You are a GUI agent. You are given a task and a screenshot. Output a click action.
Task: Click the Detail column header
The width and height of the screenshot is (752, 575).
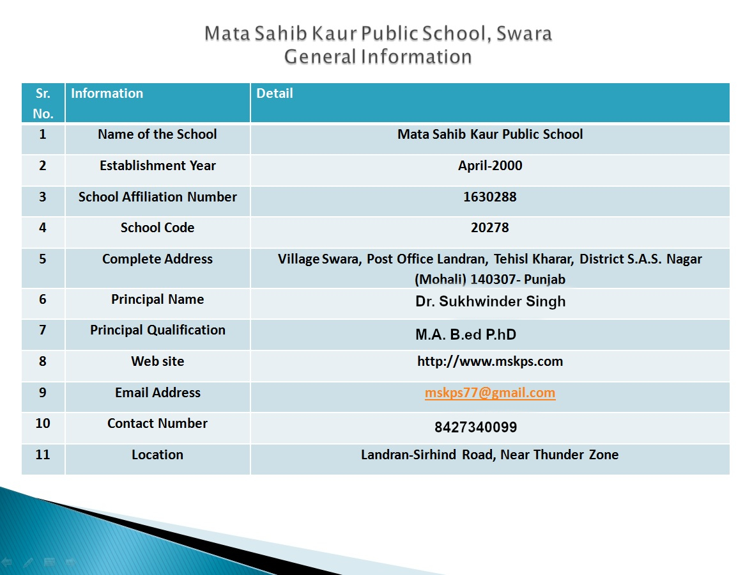click(x=275, y=93)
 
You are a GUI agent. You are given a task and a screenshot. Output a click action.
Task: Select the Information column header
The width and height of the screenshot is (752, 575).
click(x=107, y=93)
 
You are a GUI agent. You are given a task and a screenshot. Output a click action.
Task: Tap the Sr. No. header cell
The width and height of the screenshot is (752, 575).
click(x=43, y=103)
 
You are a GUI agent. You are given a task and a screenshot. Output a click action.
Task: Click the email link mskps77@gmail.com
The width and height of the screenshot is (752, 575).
click(x=490, y=393)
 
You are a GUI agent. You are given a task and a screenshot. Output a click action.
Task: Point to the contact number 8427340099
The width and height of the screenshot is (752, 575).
click(x=475, y=427)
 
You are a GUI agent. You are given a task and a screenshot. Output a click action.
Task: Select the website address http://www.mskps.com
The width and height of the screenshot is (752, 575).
click(x=490, y=361)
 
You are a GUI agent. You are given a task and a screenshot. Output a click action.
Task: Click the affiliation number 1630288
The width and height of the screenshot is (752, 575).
click(x=490, y=197)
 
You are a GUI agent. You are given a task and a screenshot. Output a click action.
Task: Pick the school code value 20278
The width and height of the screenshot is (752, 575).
click(x=490, y=228)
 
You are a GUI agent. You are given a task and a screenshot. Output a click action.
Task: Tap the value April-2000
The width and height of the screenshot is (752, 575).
click(x=490, y=166)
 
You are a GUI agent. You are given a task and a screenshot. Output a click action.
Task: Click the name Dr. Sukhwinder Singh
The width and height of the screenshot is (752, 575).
click(x=490, y=301)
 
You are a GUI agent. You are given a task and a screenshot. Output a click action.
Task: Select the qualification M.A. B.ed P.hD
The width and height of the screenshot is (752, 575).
click(x=466, y=335)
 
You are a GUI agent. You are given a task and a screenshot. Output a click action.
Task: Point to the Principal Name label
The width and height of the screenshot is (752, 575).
click(x=157, y=299)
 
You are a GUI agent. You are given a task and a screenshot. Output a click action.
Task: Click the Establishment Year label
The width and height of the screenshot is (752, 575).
click(x=157, y=166)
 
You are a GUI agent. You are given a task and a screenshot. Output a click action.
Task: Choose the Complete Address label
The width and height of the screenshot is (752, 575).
click(x=157, y=259)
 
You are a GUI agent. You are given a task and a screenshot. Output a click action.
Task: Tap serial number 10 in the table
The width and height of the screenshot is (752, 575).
click(x=43, y=423)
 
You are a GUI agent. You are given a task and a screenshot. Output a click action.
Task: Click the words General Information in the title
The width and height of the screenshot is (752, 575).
click(x=378, y=57)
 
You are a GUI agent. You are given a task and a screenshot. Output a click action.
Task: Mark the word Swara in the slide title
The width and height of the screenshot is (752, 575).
click(x=525, y=33)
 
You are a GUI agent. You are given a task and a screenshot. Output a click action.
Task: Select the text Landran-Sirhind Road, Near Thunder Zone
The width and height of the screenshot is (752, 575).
click(x=490, y=455)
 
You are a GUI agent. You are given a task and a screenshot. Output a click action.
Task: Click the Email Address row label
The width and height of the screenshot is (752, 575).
click(x=157, y=393)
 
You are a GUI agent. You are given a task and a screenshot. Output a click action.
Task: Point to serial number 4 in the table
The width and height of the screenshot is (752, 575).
click(x=43, y=228)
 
